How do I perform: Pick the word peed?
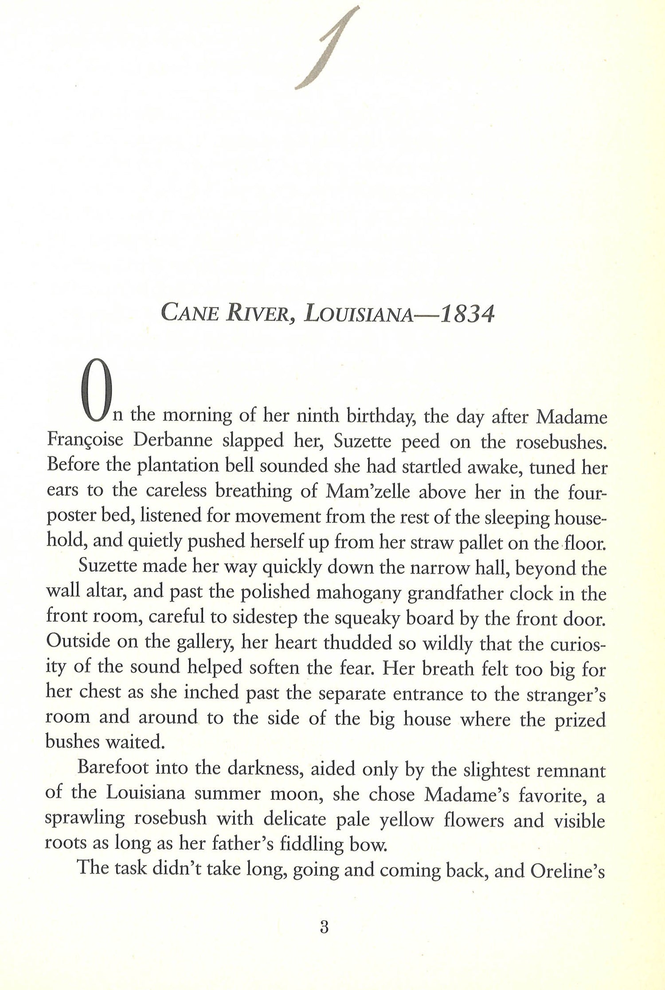[x=422, y=442]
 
